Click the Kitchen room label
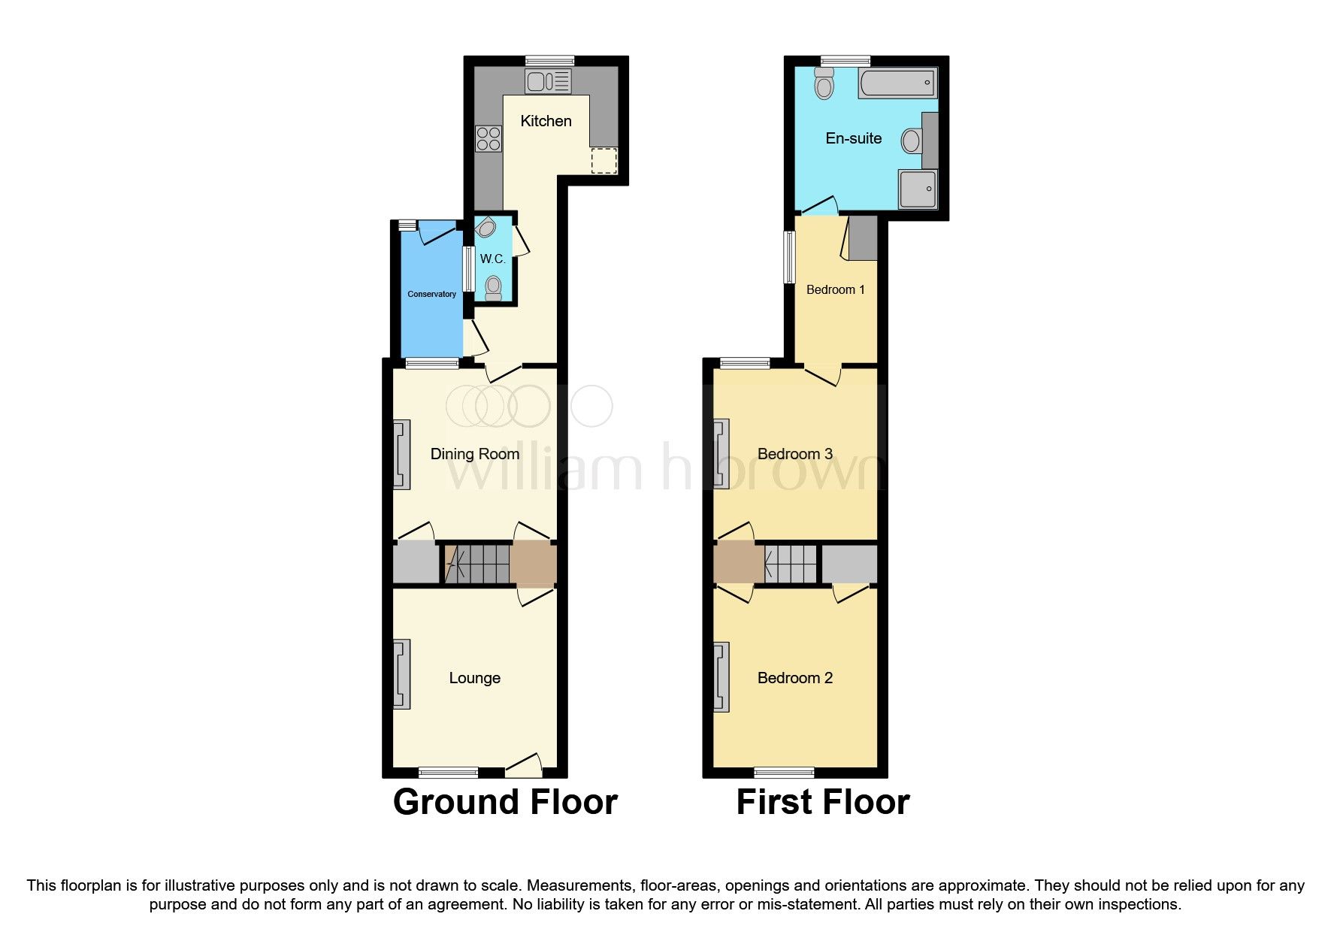point(546,121)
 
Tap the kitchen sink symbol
point(548,80)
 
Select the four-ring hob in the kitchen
point(489,139)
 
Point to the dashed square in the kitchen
point(603,161)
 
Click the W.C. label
point(492,259)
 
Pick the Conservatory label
point(431,294)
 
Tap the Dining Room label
point(474,454)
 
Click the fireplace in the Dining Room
point(402,454)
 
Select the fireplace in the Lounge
point(402,674)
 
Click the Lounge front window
point(448,772)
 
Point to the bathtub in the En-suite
point(898,83)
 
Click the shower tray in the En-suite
point(918,188)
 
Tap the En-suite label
point(853,138)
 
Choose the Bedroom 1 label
point(835,289)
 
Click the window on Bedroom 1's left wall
point(789,256)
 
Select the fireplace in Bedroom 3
point(721,453)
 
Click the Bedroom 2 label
point(794,678)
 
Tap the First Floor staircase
point(790,563)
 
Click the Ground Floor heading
point(505,802)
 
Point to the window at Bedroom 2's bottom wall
point(784,772)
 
